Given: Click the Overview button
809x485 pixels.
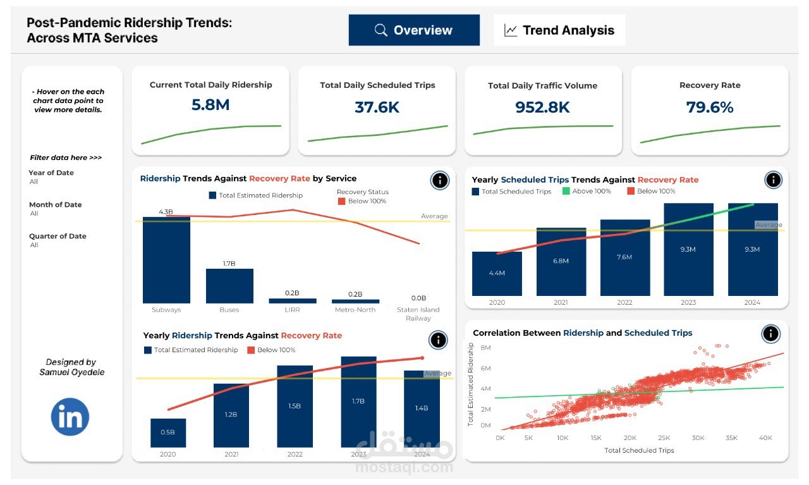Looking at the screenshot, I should [414, 30].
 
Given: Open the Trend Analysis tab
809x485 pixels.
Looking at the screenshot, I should [559, 30].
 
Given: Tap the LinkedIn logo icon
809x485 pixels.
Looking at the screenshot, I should [70, 417].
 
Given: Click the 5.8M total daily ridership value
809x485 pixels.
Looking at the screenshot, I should [210, 105].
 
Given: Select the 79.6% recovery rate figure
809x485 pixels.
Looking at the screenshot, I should [710, 107].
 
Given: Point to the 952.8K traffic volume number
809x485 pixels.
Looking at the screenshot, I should [543, 107].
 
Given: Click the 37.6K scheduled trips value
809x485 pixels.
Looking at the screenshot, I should [377, 107].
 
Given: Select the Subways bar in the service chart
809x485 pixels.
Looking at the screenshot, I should [166, 261].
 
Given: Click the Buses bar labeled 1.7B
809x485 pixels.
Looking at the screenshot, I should [229, 286].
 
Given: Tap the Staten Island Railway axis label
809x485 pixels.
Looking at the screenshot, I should [418, 314].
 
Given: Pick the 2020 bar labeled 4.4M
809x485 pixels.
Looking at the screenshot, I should [497, 274].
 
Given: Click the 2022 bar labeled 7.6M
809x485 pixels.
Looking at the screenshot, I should [624, 257].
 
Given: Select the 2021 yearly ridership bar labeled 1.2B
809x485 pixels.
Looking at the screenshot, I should [231, 415].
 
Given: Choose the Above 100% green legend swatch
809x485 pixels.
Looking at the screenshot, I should [566, 191].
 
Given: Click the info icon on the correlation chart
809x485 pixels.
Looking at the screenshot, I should [770, 334].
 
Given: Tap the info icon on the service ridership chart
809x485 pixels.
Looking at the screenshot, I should [440, 181].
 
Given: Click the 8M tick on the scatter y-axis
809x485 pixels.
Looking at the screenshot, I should [486, 348].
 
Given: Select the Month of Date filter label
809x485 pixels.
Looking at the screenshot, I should [55, 205].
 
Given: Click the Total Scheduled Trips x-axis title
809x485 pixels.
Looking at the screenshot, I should [639, 450].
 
